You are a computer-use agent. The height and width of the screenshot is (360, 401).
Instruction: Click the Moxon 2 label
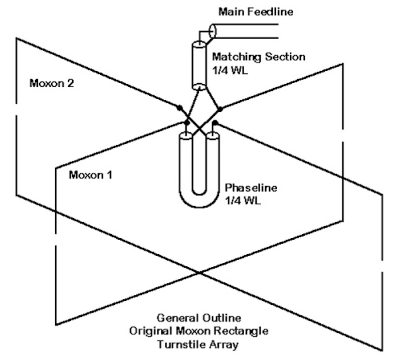[x=52, y=83]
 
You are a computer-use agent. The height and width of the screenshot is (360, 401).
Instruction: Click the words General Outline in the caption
[x=199, y=318]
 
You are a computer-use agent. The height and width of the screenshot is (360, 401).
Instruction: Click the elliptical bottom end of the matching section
[x=199, y=86]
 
